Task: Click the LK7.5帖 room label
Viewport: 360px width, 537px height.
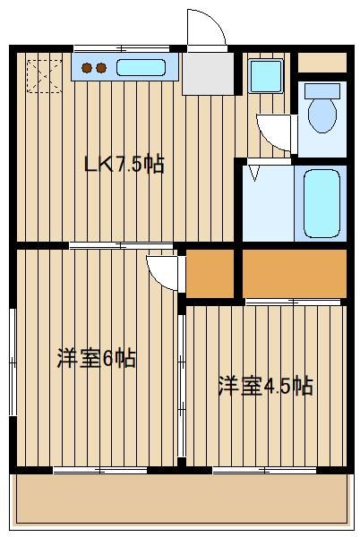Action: pyautogui.click(x=124, y=165)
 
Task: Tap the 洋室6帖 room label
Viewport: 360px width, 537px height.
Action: pyautogui.click(x=97, y=358)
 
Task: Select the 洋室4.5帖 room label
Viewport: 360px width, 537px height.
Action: pyautogui.click(x=266, y=386)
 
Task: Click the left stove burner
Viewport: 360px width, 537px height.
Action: pyautogui.click(x=87, y=68)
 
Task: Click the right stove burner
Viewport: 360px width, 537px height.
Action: pyautogui.click(x=101, y=68)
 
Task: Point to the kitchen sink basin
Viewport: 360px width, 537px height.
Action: pyautogui.click(x=141, y=67)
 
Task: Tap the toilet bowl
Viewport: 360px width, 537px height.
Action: pyautogui.click(x=322, y=115)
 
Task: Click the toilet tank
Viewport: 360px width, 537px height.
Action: pyautogui.click(x=322, y=91)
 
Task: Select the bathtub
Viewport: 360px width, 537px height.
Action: pyautogui.click(x=321, y=203)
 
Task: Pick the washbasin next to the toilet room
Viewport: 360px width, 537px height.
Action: pyautogui.click(x=266, y=76)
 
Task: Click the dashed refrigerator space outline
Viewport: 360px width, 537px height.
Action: pyautogui.click(x=44, y=76)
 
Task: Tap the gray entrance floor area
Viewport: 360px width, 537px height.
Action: pyautogui.click(x=208, y=73)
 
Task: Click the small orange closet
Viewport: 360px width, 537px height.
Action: pyautogui.click(x=210, y=273)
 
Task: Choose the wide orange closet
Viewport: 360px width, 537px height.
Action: pyautogui.click(x=295, y=273)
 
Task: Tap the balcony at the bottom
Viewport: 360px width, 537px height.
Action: pyautogui.click(x=182, y=499)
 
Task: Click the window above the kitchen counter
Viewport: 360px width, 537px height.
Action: pyautogui.click(x=122, y=48)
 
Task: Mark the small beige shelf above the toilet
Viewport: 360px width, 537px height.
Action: pyautogui.click(x=322, y=63)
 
